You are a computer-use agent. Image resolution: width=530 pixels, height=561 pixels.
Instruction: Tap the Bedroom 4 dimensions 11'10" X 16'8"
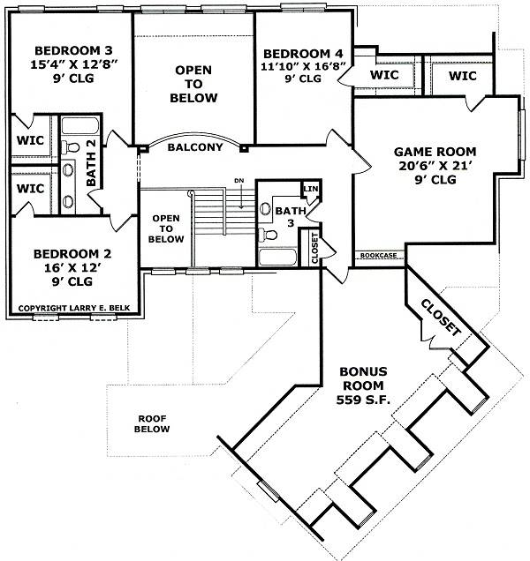[303, 66]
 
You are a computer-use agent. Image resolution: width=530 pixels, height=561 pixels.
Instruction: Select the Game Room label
[435, 152]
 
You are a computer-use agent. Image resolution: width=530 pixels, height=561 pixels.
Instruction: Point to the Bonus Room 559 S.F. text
[363, 385]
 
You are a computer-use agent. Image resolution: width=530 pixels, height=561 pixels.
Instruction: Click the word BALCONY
[195, 147]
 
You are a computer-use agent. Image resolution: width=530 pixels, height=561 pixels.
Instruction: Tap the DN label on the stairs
[239, 181]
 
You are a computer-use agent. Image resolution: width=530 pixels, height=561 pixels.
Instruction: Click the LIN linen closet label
[311, 189]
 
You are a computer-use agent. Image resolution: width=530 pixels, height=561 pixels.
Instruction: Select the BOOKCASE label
[379, 256]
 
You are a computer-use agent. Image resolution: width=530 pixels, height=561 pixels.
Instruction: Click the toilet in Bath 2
[71, 147]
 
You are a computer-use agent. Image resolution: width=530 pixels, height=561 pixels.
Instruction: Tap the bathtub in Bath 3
[277, 258]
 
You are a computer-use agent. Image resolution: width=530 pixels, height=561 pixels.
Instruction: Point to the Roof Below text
[152, 423]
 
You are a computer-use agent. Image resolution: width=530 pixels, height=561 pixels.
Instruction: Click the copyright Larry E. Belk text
[74, 308]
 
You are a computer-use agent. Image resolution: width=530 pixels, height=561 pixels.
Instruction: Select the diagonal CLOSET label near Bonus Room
[441, 318]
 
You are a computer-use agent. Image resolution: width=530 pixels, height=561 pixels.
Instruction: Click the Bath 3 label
[291, 217]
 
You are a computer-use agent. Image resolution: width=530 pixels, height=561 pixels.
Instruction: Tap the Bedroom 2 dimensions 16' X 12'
[72, 267]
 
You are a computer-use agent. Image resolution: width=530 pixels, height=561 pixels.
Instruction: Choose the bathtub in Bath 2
[79, 125]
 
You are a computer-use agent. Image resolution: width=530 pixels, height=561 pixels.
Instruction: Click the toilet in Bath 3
[268, 235]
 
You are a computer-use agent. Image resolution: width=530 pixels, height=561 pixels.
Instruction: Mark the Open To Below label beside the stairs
[166, 228]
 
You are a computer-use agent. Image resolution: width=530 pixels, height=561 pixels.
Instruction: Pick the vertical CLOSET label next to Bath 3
[315, 248]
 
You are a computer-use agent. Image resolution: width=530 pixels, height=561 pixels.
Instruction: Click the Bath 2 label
[91, 163]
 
